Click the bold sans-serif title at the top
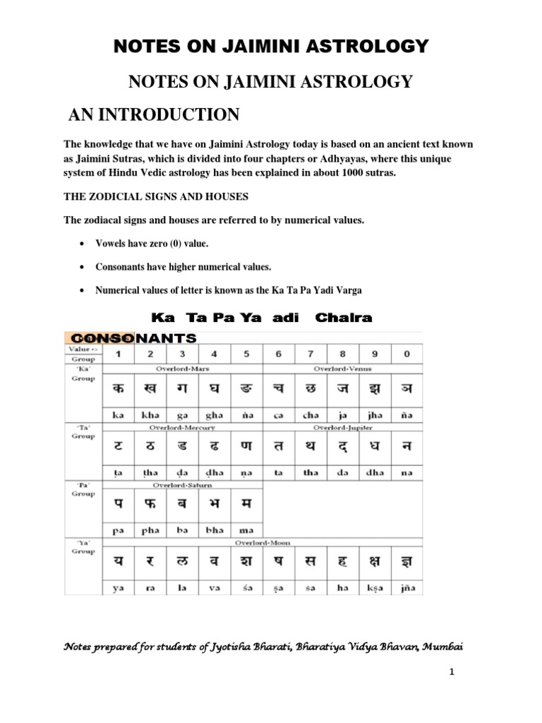271,47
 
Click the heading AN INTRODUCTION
153,114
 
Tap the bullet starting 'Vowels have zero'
147,243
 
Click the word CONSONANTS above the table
131,339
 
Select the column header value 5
246,354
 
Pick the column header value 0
406,354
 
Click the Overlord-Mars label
182,369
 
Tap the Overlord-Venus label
342,369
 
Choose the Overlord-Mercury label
182,427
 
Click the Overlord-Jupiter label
342,427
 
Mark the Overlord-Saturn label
182,485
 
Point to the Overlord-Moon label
263,542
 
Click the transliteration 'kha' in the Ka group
150,416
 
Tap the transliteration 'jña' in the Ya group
406,587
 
